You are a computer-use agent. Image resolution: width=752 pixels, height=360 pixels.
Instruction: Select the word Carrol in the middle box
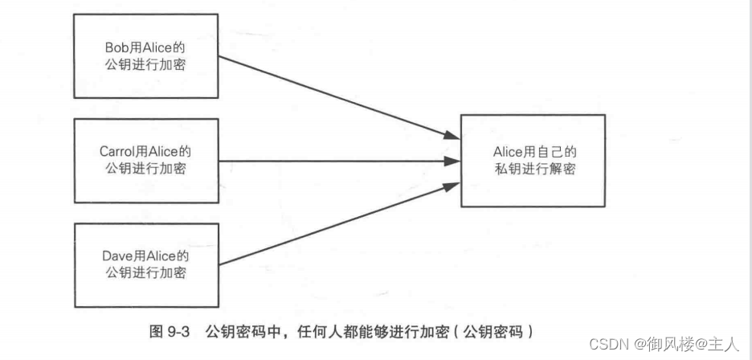coord(116,150)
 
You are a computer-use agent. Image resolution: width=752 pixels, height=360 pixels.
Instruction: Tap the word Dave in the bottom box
coord(116,256)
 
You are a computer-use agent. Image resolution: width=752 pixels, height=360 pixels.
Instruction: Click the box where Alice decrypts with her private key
coord(532,161)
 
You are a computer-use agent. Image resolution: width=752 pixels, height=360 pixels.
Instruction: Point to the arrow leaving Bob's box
coord(329,95)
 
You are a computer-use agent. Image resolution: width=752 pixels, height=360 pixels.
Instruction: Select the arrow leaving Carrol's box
coord(329,161)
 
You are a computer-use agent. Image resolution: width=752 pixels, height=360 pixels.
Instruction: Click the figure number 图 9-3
coord(168,331)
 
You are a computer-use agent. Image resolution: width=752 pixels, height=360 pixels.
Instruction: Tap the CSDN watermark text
coord(607,343)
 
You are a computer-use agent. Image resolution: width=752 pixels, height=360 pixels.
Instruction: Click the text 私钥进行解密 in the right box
coord(535,169)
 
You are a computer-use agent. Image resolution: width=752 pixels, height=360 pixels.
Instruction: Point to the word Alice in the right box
coord(509,151)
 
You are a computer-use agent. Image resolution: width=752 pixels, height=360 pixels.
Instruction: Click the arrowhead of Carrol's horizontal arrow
coord(451,161)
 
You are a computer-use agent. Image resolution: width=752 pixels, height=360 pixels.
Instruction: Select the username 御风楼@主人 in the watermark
coord(687,343)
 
